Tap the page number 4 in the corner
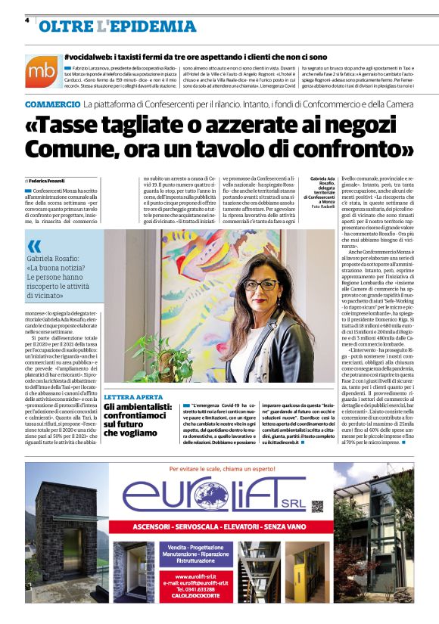(26, 20)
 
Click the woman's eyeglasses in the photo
(260, 285)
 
